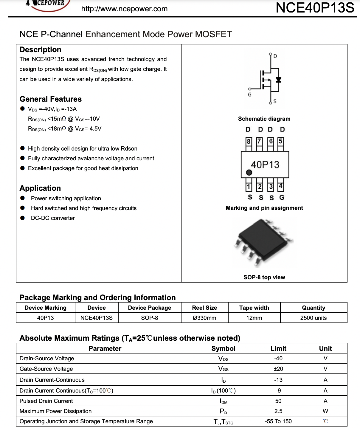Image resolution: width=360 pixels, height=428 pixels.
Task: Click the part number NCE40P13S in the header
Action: pos(315,8)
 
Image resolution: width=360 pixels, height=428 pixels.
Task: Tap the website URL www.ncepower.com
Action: pos(124,9)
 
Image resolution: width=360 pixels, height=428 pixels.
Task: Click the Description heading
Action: pos(40,50)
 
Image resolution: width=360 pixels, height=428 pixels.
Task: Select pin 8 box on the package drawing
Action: pos(249,141)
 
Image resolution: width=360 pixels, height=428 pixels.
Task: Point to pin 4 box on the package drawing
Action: pos(280,187)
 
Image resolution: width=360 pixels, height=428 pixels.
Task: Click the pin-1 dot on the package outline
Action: pos(249,172)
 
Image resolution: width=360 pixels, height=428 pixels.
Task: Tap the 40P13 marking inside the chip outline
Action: pos(265,165)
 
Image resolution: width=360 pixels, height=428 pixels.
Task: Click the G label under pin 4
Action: pos(282,197)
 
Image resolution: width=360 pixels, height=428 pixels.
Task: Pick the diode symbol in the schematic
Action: pos(279,80)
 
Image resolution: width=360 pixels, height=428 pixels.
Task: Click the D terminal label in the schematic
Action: pos(275,56)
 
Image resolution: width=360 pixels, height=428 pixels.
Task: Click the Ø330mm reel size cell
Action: pos(204,318)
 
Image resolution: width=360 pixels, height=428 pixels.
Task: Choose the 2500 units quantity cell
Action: pos(313,318)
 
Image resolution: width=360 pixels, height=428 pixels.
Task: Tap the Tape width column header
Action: pos(254,308)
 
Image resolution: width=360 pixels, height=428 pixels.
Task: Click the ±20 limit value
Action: pos(278,369)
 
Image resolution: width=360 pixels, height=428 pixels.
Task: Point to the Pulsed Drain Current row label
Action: pos(46,401)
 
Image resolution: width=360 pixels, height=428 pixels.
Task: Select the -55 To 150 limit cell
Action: pos(278,421)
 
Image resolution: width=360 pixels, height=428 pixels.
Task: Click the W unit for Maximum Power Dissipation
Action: pos(325,411)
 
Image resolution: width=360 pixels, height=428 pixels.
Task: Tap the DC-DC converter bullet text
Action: pos(53,218)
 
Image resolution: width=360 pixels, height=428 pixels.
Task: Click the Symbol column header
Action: pos(223,348)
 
